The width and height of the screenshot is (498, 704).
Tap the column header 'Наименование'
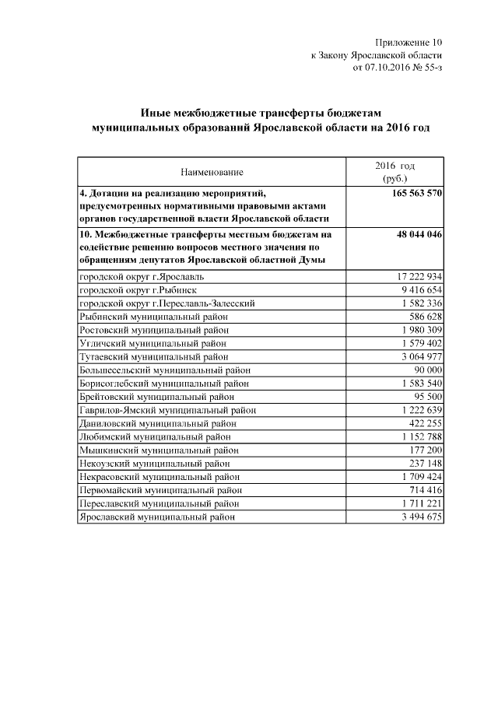(x=212, y=171)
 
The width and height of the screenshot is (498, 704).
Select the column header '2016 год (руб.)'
(x=395, y=172)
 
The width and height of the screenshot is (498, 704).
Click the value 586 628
(x=425, y=316)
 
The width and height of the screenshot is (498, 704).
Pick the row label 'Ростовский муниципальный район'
(x=153, y=330)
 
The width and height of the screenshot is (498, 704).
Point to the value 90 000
(x=428, y=370)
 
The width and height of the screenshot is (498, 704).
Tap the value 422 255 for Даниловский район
(x=425, y=423)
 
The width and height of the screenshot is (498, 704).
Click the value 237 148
(x=425, y=463)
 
